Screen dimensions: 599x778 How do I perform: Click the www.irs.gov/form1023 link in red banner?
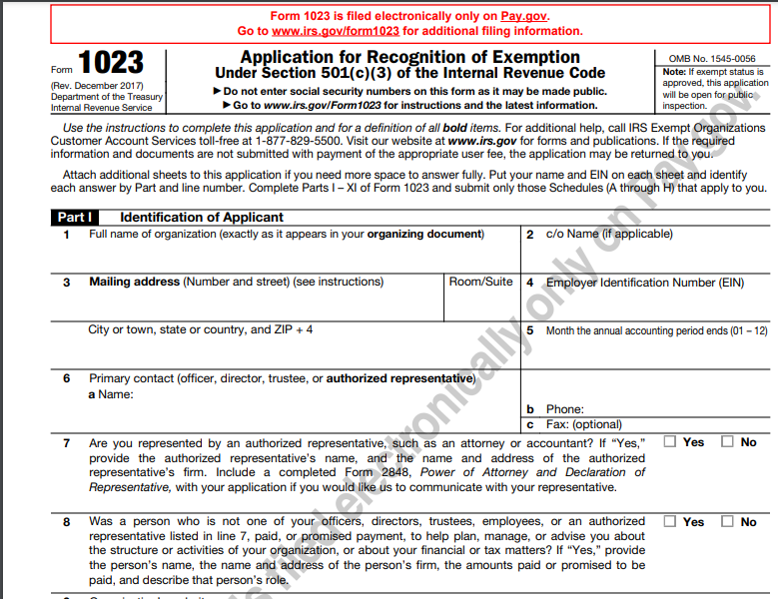(x=327, y=31)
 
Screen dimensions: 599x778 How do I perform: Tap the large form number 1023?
(x=111, y=64)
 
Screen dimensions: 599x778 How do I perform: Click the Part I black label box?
(x=75, y=217)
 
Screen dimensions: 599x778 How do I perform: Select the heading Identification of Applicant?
(x=202, y=217)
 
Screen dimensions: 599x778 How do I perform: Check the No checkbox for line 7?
(x=727, y=441)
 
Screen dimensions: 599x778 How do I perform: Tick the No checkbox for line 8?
(x=727, y=521)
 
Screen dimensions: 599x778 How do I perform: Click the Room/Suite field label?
(x=480, y=283)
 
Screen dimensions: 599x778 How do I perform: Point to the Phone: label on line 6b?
(x=564, y=409)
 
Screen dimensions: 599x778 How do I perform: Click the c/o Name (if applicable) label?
(x=608, y=235)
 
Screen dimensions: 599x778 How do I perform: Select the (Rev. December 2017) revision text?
(x=96, y=86)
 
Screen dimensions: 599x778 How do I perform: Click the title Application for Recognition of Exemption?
(x=409, y=57)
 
